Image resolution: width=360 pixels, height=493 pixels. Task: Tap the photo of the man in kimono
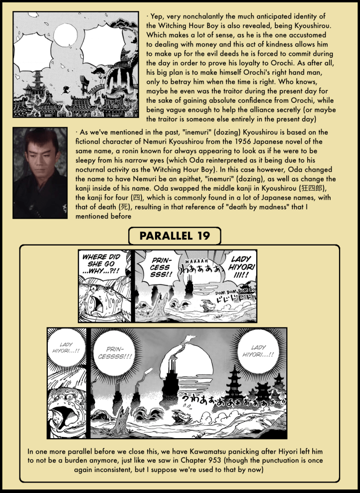pos(39,173)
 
